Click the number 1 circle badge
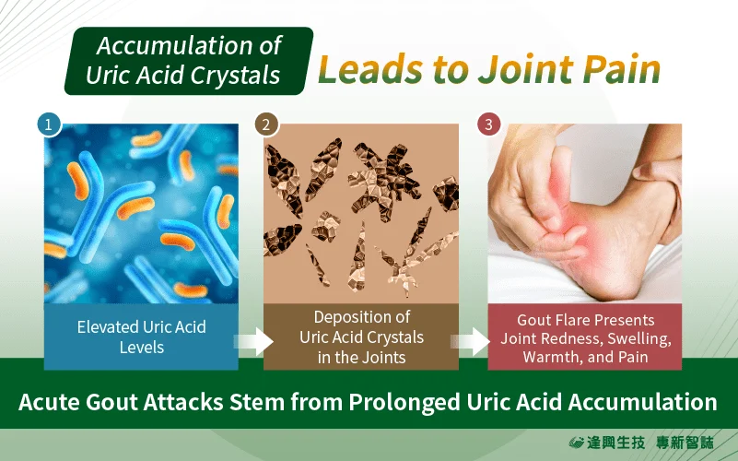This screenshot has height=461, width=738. point(49,124)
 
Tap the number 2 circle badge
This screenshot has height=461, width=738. point(266,124)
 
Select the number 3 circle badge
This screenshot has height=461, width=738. point(488,124)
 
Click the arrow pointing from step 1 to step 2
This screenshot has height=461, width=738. point(253,341)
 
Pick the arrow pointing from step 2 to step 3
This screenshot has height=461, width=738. point(470,341)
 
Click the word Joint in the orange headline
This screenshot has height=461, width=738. point(526,69)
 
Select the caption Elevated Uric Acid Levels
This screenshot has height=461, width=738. point(142,337)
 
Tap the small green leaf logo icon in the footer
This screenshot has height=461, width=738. point(576,443)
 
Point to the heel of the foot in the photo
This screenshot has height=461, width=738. point(607,282)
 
